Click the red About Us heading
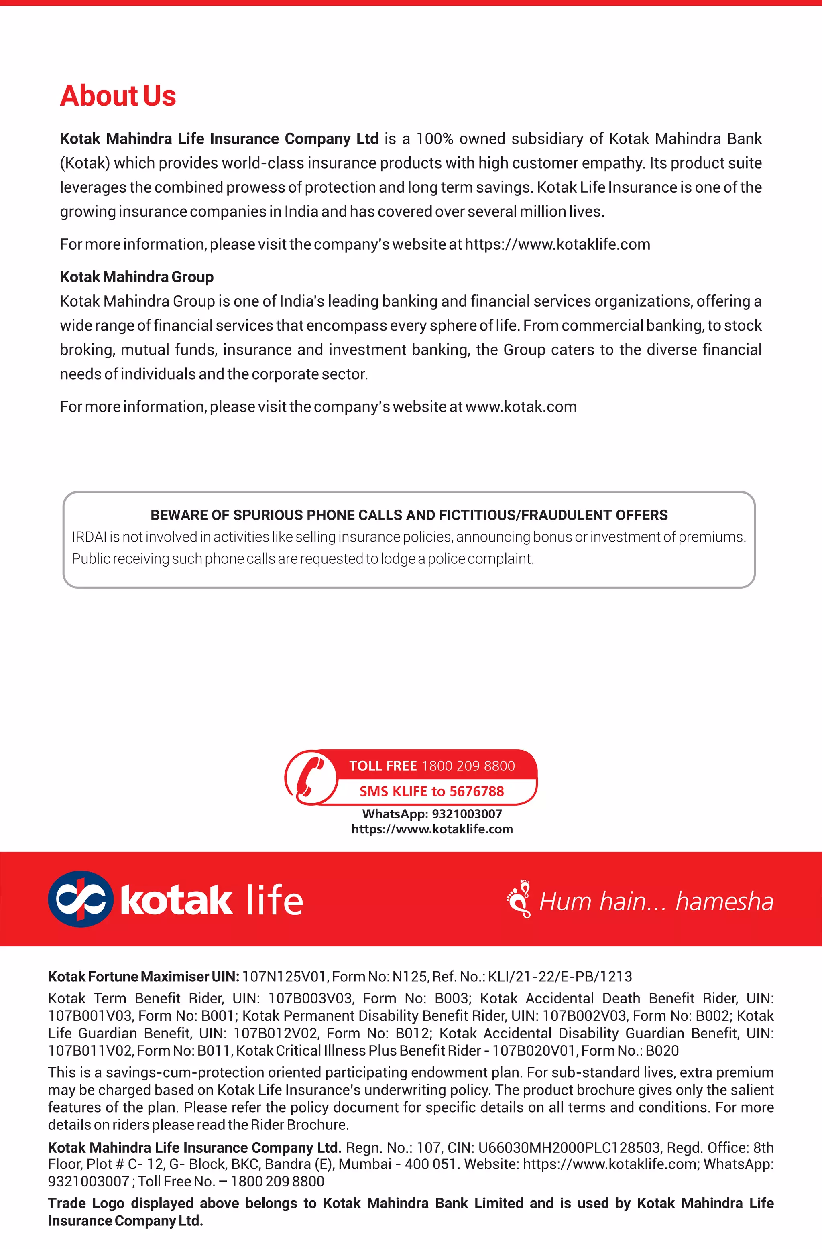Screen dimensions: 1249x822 (x=118, y=96)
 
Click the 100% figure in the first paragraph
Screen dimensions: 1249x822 (x=435, y=139)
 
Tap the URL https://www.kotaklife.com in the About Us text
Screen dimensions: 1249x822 (x=557, y=245)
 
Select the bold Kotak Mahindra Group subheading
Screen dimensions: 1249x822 (x=136, y=277)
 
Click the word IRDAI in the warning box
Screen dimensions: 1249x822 (x=89, y=537)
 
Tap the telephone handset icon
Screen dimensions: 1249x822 (x=310, y=777)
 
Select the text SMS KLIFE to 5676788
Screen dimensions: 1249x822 (x=431, y=791)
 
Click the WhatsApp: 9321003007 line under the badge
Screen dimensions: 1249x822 (x=431, y=814)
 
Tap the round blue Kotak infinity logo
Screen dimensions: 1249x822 (x=80, y=900)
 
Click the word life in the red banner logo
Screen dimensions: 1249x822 (x=274, y=900)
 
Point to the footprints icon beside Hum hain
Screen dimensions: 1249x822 (x=519, y=899)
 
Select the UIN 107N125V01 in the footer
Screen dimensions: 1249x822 (x=285, y=977)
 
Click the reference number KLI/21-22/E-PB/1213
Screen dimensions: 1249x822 (x=560, y=977)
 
